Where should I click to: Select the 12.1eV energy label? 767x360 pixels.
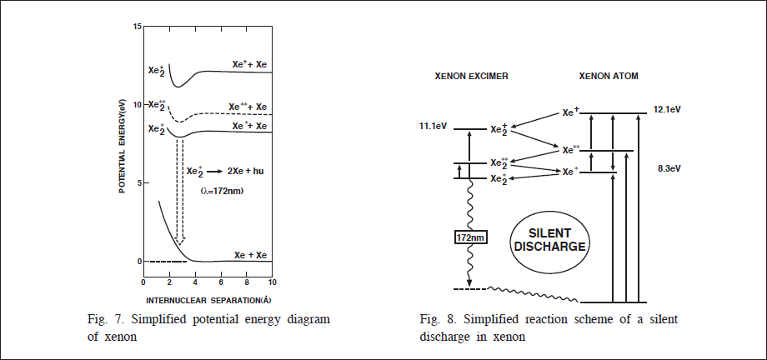[x=668, y=110]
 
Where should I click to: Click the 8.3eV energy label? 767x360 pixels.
[x=667, y=169]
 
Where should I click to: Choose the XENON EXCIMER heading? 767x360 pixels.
[x=472, y=76]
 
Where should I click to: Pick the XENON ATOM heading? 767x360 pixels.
[x=609, y=76]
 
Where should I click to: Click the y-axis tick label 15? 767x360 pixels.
[x=137, y=27]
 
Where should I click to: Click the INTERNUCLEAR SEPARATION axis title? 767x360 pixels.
[x=204, y=297]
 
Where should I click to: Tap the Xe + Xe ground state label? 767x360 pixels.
[x=251, y=254]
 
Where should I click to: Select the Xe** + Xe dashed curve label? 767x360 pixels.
[x=248, y=107]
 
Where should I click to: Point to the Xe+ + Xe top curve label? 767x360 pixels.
[x=249, y=64]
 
